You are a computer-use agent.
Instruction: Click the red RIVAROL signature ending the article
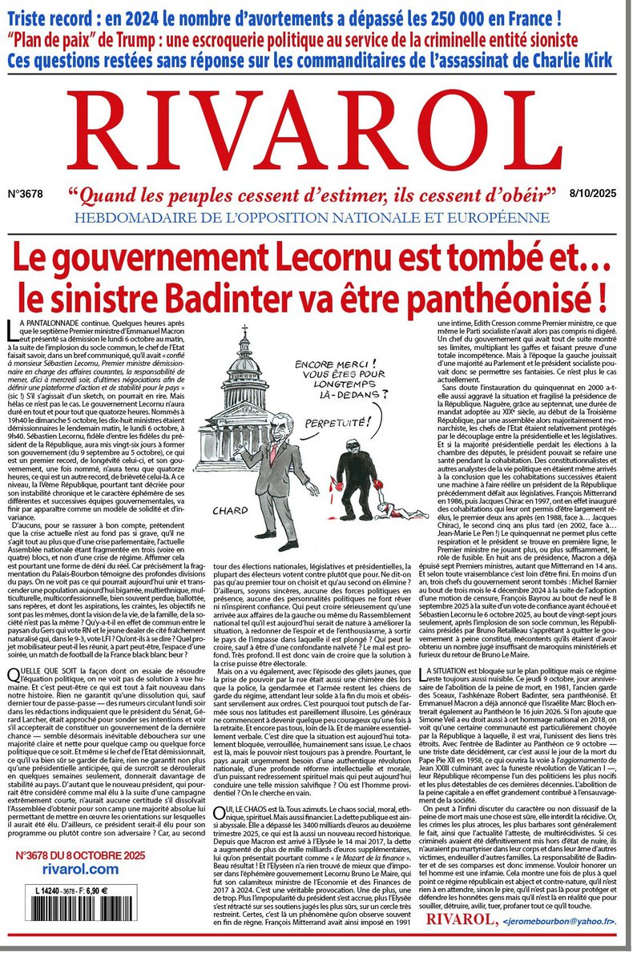pos(462,942)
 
